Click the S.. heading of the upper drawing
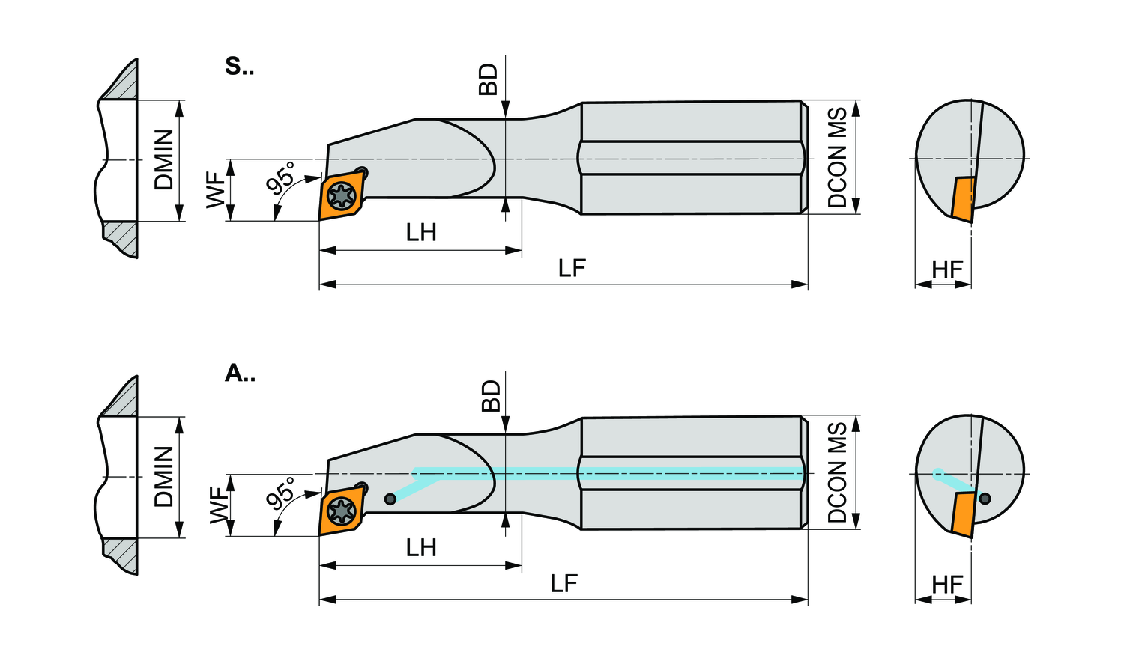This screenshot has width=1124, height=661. (x=239, y=67)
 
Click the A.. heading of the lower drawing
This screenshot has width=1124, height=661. (x=240, y=373)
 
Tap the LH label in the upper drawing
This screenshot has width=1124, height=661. (x=421, y=233)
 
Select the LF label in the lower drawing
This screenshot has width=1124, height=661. (x=563, y=584)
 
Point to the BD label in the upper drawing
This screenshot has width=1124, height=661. (x=489, y=79)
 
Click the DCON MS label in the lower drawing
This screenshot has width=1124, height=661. (x=837, y=472)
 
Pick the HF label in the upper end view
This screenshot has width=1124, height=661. (x=947, y=269)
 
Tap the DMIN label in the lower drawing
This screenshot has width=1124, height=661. (x=164, y=476)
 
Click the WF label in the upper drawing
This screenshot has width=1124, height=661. (x=216, y=189)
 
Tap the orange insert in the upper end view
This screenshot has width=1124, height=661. (x=963, y=199)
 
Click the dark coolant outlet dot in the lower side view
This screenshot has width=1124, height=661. (x=390, y=499)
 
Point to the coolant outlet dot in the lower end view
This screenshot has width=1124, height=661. (x=985, y=499)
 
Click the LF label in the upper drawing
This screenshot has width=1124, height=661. (x=572, y=268)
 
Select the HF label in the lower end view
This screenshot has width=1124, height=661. (x=947, y=585)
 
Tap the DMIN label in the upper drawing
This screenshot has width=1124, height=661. (x=164, y=159)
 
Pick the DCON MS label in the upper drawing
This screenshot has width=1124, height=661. (x=837, y=157)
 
